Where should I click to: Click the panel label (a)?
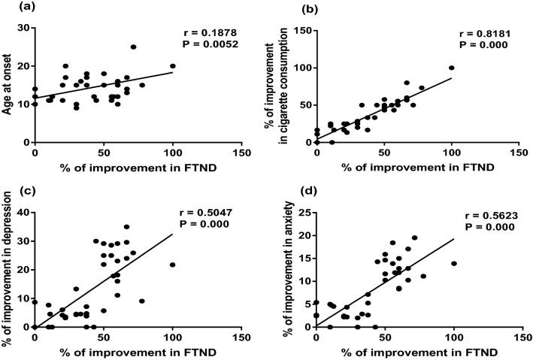click(14, 8)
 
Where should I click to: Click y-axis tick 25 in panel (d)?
click(302, 212)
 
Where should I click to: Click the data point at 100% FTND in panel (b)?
click(452, 68)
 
